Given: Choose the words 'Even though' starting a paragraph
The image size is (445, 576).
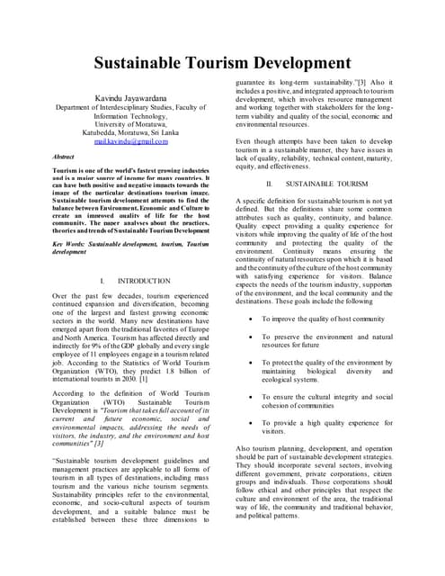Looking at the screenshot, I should tap(254, 141).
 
